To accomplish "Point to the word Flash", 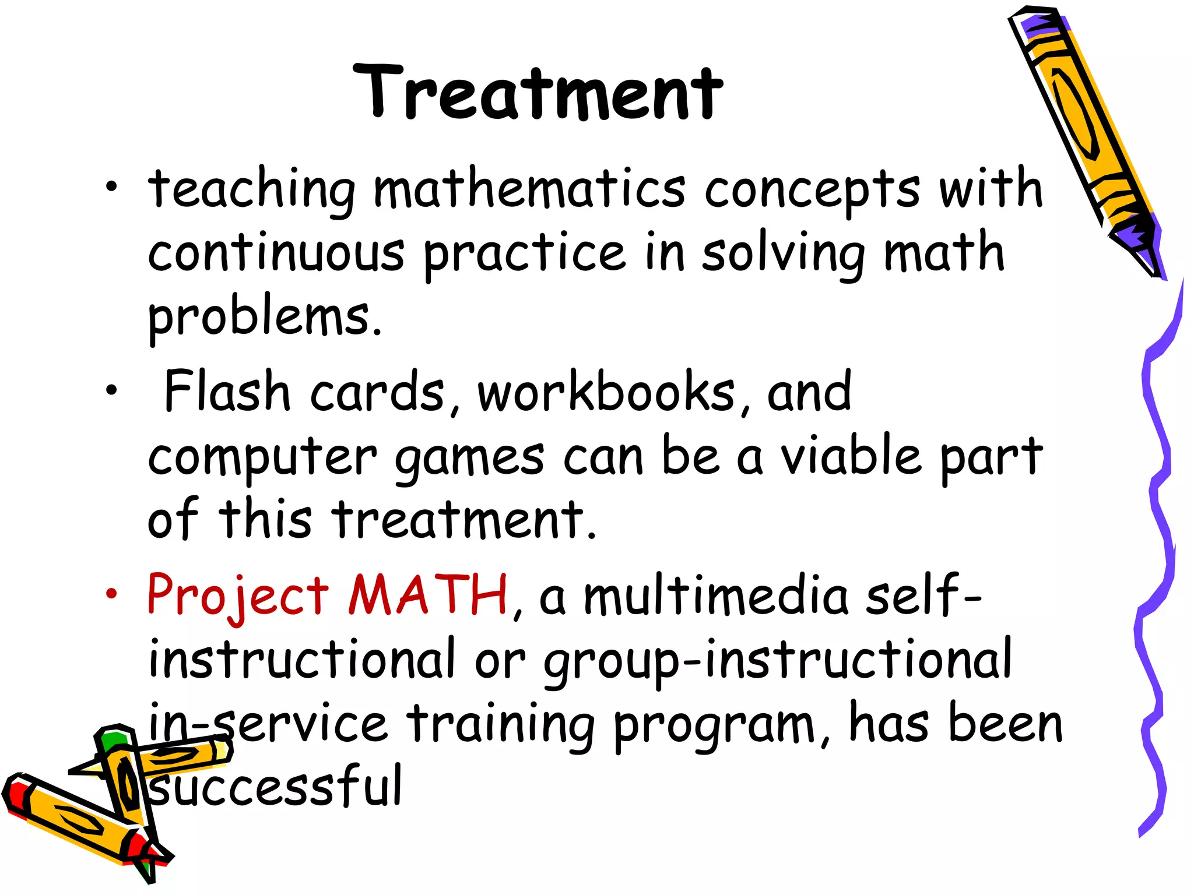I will [227, 392].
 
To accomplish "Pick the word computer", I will [262, 457].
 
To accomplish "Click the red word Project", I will [238, 596].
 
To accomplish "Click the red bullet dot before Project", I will [111, 594].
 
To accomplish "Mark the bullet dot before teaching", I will [111, 188].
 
